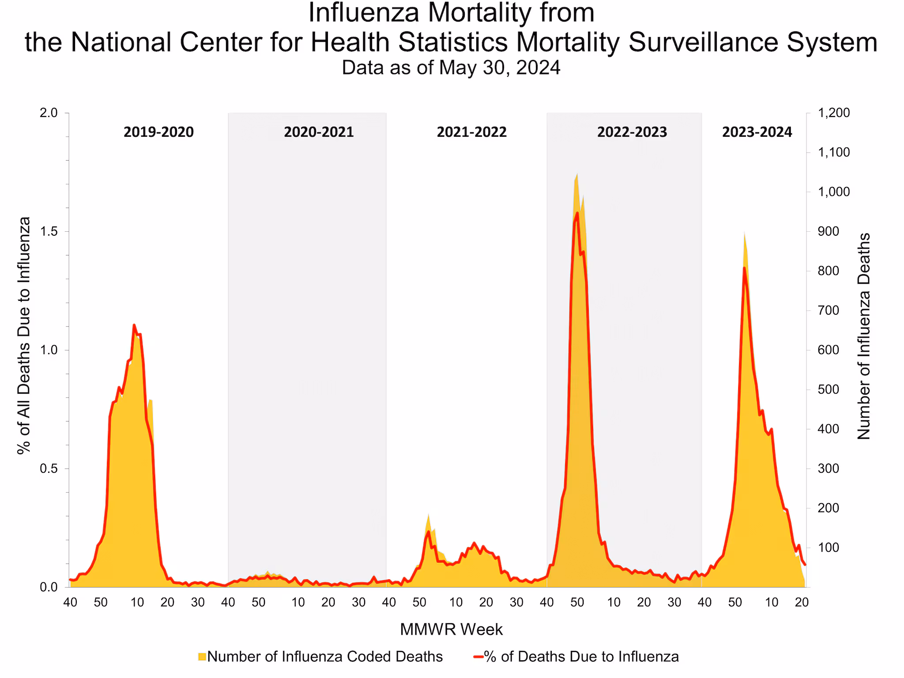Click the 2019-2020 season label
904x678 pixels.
coord(158,132)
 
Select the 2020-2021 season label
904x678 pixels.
coord(319,132)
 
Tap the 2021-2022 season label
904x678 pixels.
coord(471,132)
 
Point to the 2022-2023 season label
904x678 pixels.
coord(632,132)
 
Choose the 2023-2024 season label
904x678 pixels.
coord(757,132)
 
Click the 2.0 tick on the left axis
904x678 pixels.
coord(49,113)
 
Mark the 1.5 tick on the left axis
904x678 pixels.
coord(49,232)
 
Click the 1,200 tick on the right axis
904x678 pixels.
coord(833,113)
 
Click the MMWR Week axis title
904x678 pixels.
coord(451,629)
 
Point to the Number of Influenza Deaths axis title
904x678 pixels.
coord(863,336)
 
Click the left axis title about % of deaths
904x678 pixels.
coord(24,335)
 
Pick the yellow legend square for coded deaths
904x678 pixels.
coord(202,657)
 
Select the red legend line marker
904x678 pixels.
coord(478,657)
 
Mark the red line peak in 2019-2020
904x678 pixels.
coord(134,325)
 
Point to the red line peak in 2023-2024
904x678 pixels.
coord(744,267)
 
